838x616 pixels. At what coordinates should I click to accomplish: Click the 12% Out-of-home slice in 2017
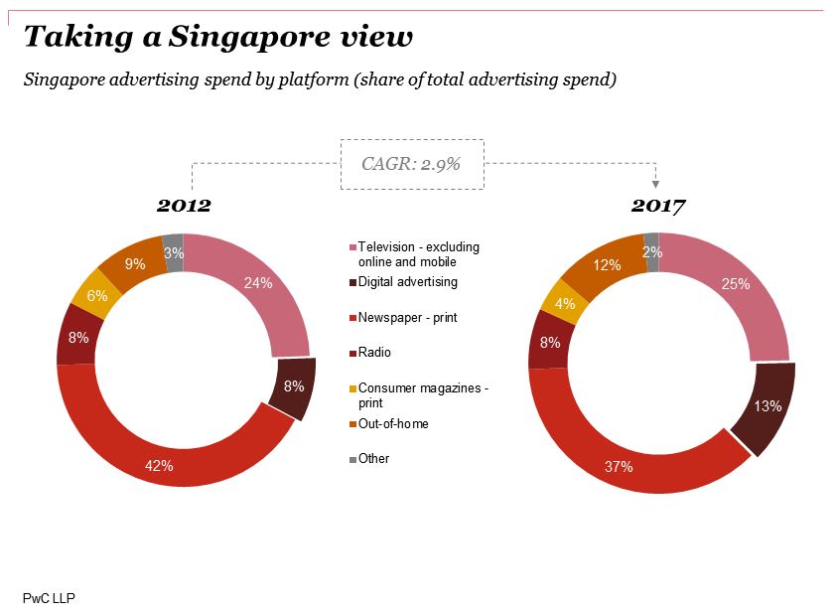pyautogui.click(x=607, y=265)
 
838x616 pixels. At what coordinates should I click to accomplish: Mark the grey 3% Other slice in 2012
pyautogui.click(x=174, y=252)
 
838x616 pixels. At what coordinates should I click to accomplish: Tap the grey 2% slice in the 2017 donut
pyautogui.click(x=651, y=251)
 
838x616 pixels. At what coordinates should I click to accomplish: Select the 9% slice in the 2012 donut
pyautogui.click(x=135, y=263)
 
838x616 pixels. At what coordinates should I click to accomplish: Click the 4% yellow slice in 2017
pyautogui.click(x=566, y=303)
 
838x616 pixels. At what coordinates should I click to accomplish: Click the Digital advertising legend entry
pyautogui.click(x=407, y=282)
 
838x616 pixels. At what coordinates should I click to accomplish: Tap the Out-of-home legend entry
pyautogui.click(x=393, y=424)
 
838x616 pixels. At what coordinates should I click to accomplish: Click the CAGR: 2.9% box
pyautogui.click(x=412, y=164)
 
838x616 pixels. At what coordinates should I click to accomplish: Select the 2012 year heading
pyautogui.click(x=184, y=206)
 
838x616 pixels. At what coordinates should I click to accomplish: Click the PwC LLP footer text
pyautogui.click(x=49, y=597)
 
